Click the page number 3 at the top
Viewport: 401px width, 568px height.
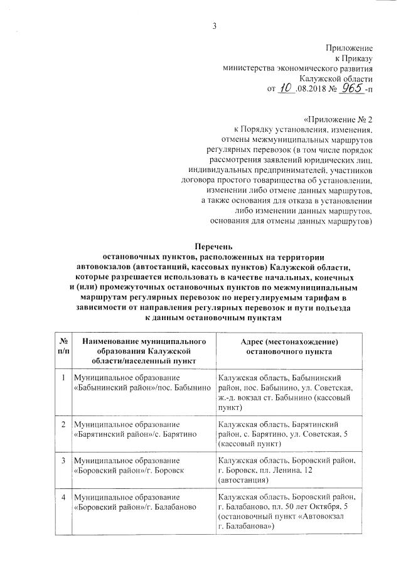point(215,26)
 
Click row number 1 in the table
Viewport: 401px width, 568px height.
point(63,378)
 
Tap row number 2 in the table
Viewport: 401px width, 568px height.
point(63,425)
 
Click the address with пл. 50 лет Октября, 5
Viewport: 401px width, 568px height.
point(289,511)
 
